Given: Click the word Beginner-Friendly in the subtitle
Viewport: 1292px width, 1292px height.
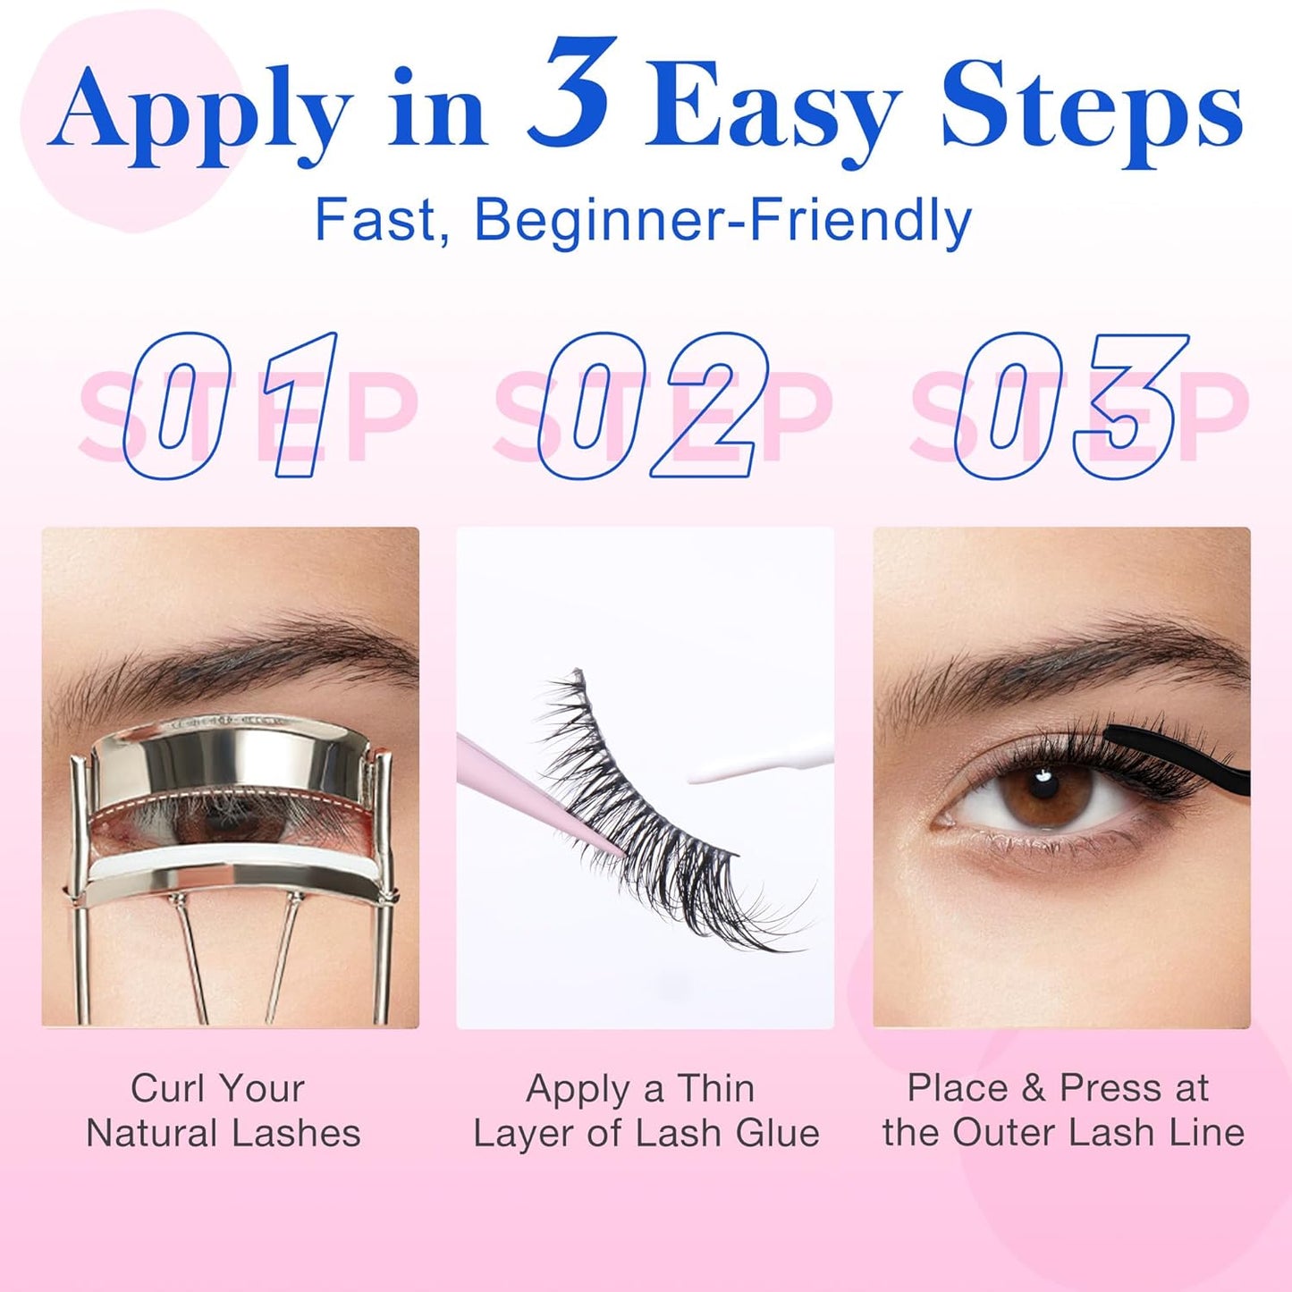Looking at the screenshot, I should coord(722,220).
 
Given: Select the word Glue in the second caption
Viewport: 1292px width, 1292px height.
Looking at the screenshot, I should coord(777,1133).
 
